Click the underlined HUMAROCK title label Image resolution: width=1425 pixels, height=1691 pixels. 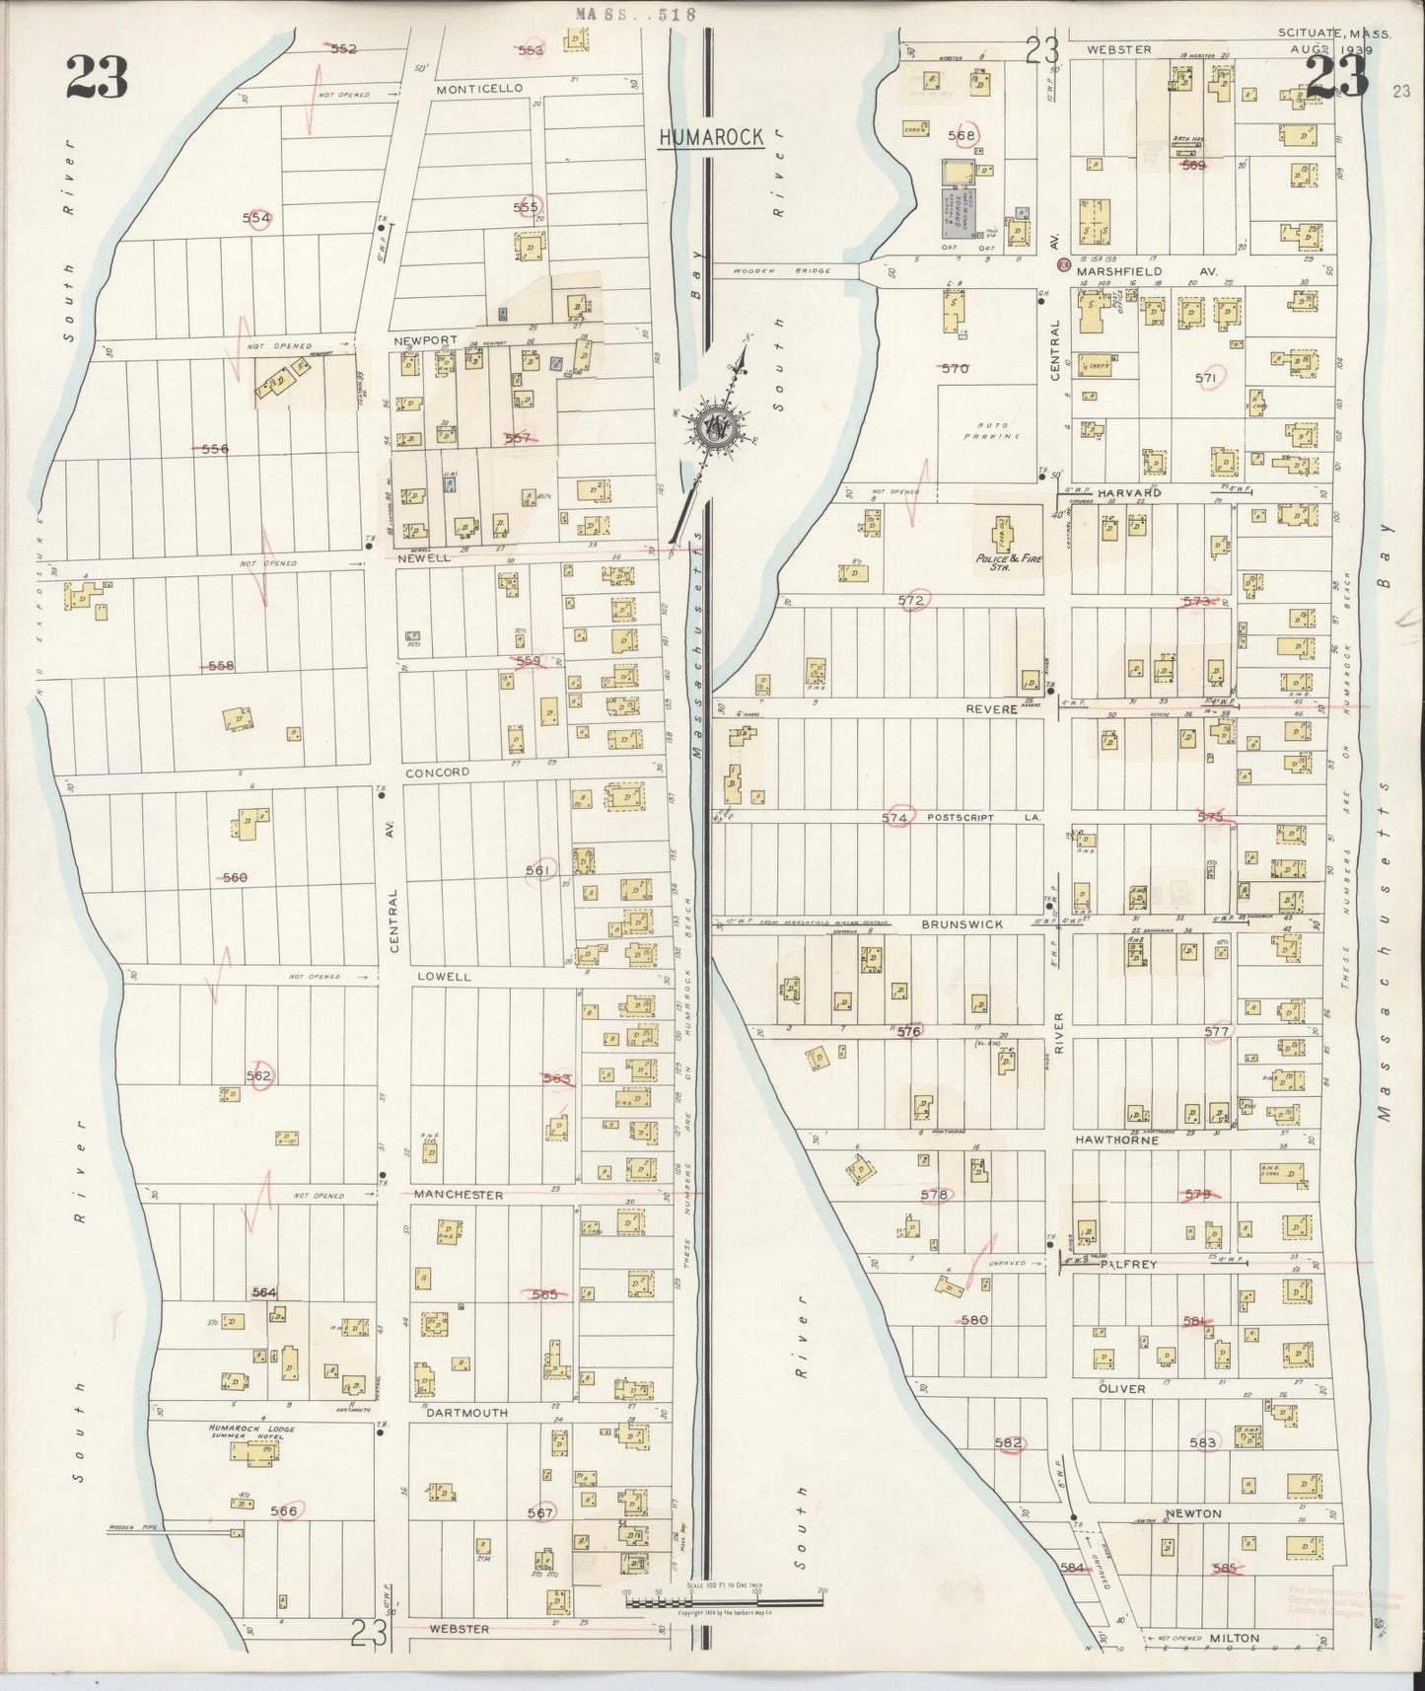click(710, 137)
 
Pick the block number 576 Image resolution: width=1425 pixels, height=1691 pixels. click(908, 1031)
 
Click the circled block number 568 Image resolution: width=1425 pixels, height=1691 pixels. click(961, 136)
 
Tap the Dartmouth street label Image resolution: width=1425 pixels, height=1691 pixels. click(466, 1413)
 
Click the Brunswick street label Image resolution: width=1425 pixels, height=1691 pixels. click(962, 924)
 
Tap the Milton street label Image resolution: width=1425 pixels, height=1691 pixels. click(1234, 1639)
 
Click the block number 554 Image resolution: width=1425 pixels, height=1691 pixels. click(257, 217)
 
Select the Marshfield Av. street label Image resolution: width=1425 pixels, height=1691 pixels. click(1147, 270)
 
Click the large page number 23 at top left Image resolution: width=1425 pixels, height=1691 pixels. click(98, 77)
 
